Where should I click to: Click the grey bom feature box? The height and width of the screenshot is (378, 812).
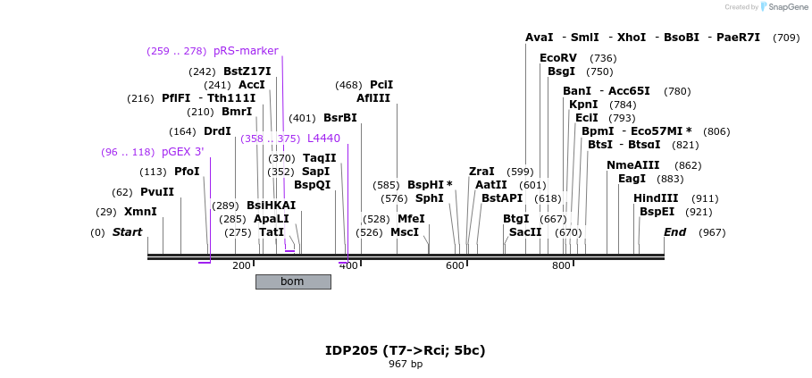[293, 281]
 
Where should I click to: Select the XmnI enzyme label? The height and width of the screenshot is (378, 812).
[140, 212]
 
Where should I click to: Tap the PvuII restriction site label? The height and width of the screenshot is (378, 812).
[157, 192]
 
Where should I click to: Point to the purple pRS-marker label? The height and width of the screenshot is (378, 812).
[246, 51]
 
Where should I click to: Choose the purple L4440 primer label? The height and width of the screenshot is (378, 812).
[323, 139]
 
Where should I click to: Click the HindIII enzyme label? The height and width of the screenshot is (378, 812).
[656, 198]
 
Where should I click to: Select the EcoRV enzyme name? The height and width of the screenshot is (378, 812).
[558, 58]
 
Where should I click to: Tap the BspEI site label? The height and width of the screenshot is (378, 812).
[657, 212]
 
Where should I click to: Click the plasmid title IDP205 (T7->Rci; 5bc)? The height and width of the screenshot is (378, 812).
[406, 350]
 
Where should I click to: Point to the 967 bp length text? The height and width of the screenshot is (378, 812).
[406, 365]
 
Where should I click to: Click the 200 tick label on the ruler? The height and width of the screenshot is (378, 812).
[241, 266]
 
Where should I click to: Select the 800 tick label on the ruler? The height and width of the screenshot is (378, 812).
[561, 266]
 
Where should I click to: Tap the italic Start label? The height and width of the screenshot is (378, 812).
[127, 232]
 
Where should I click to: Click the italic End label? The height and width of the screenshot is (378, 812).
[674, 232]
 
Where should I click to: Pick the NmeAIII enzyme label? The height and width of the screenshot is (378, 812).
[632, 165]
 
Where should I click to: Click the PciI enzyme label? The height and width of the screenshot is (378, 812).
[381, 85]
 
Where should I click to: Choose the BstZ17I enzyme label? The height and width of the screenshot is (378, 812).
[247, 71]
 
